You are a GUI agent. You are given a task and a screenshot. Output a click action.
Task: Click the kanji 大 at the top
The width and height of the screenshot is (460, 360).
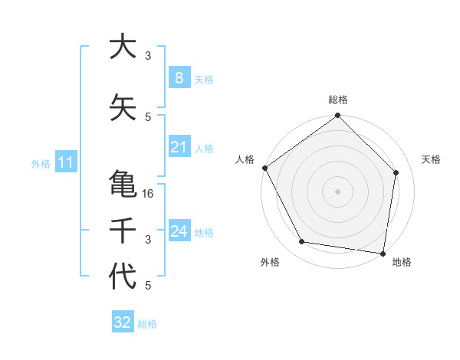click(x=123, y=47)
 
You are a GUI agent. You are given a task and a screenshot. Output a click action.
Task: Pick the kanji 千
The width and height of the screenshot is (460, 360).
click(x=123, y=231)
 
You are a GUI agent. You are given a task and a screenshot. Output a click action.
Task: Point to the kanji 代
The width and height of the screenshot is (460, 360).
click(x=123, y=277)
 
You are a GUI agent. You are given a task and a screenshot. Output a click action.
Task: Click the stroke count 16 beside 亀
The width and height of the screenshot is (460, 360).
click(x=149, y=194)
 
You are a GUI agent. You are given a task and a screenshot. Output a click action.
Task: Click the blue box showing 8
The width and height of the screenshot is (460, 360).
click(x=179, y=78)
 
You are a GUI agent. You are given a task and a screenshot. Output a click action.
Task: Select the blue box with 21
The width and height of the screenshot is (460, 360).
click(x=179, y=147)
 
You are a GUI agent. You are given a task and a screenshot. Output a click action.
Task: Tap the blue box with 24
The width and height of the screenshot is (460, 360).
click(x=179, y=231)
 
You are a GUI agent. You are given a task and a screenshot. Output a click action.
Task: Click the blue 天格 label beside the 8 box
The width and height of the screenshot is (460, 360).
click(x=204, y=79)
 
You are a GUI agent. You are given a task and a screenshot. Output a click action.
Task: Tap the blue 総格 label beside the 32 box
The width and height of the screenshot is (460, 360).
click(x=147, y=324)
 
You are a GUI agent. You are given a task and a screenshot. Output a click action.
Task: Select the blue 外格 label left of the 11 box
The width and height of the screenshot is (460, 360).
click(x=40, y=163)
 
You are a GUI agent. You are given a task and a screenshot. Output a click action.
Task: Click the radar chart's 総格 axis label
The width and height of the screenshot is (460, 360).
click(x=338, y=100)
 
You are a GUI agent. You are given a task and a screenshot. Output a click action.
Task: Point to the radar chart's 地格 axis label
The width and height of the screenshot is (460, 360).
click(x=402, y=263)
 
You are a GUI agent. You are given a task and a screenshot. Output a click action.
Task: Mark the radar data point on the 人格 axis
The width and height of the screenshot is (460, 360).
click(x=264, y=168)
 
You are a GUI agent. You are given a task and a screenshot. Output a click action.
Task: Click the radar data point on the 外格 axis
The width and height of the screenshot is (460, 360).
click(x=302, y=242)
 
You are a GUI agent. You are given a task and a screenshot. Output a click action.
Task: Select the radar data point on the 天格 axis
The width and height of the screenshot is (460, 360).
click(x=396, y=172)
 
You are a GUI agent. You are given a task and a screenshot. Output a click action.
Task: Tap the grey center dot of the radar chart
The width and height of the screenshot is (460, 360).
click(x=338, y=191)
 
